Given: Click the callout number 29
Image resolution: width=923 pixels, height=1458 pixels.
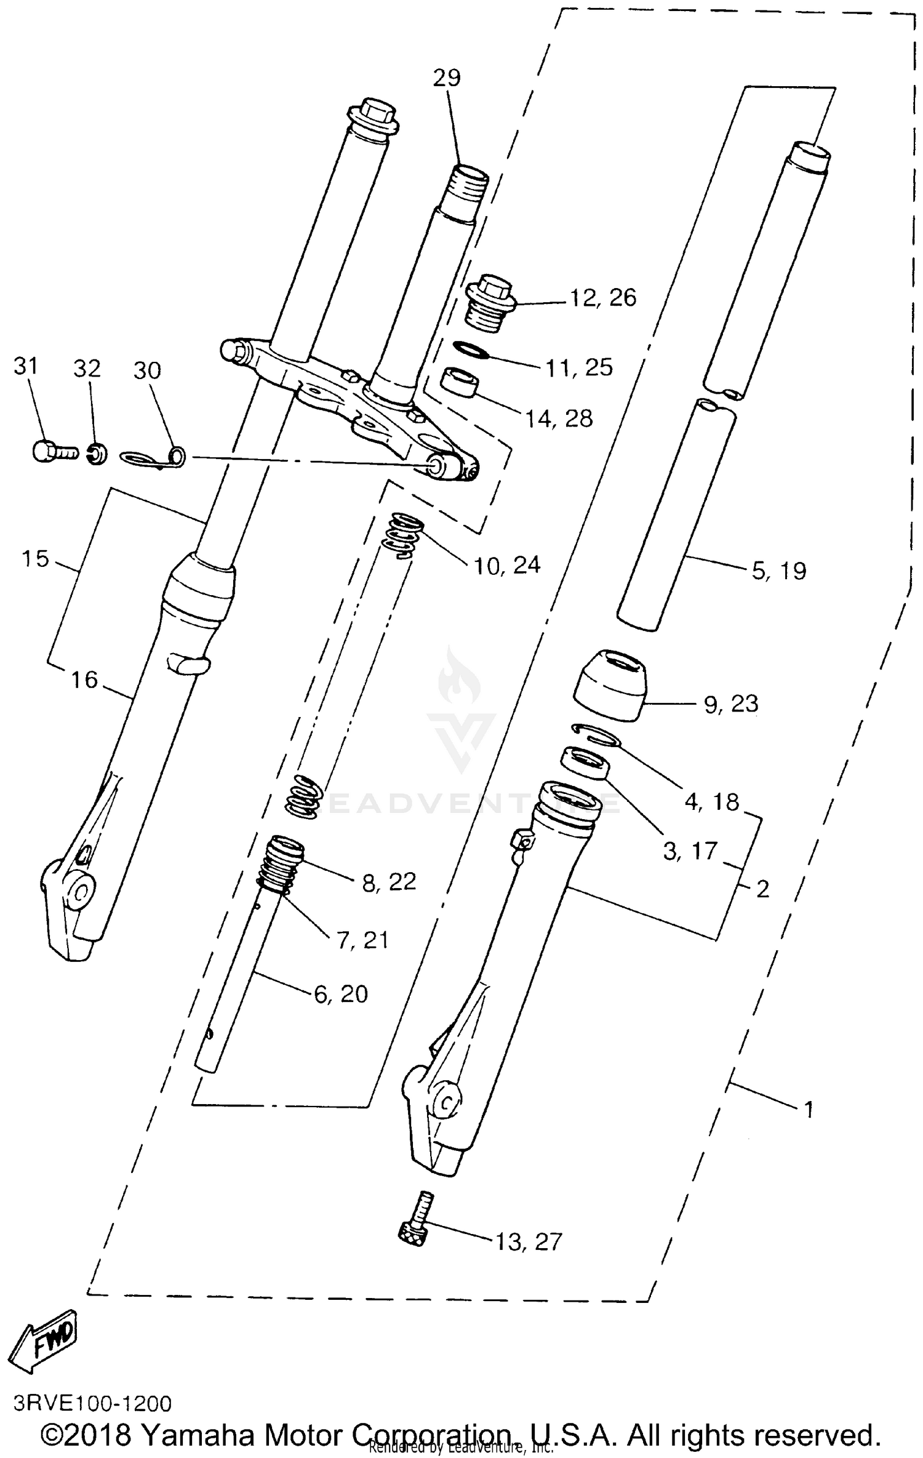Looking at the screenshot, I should (446, 78).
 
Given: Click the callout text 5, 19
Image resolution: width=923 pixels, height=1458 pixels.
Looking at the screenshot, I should (778, 571).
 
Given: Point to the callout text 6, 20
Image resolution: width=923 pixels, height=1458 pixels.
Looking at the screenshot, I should (341, 994).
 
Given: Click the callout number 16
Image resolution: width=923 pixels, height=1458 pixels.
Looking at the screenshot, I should (84, 680).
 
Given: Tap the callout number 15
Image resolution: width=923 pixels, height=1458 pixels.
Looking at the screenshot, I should (34, 559).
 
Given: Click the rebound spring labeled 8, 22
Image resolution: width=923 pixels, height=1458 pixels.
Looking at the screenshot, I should (282, 862).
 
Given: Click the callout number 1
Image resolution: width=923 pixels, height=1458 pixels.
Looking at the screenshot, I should (809, 1110).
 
